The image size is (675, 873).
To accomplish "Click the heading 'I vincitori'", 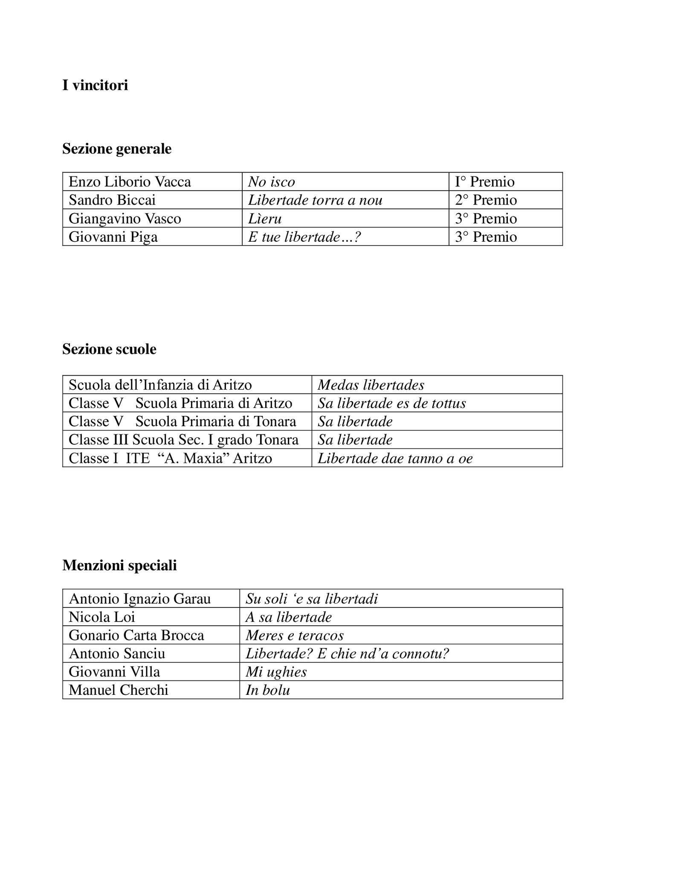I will pos(95,86).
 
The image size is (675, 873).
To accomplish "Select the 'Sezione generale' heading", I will pos(117,149).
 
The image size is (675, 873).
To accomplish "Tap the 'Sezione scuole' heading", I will pos(109,349).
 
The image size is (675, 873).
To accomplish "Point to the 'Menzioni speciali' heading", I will pos(119,565).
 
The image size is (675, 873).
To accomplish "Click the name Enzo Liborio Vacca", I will pos(130,182).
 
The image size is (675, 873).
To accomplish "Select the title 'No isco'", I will pos(271,182).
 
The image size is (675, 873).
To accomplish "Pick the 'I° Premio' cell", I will pos(484,182).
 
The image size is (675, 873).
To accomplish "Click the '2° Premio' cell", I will pos(486,200).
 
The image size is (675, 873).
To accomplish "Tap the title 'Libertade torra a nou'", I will pos(315,200).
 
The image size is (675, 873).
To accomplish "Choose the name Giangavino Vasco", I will pos(125,219).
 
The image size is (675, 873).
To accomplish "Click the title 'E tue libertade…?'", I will pos(304,237).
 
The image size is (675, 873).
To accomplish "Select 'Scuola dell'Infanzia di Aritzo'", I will pos(160,385).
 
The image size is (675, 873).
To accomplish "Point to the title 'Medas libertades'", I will pos(371,385).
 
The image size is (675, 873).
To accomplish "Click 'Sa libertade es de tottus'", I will pos(392,403).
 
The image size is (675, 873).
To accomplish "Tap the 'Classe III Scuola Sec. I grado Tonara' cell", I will pos(183,440).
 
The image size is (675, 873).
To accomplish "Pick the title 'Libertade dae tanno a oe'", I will pos(395,458).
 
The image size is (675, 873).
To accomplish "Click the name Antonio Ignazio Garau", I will pos(139,599).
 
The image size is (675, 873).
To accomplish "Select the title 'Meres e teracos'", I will pos(295,636).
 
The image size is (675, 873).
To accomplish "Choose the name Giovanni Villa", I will pos(114,672).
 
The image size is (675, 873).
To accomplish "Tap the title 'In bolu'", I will pos(268,691).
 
